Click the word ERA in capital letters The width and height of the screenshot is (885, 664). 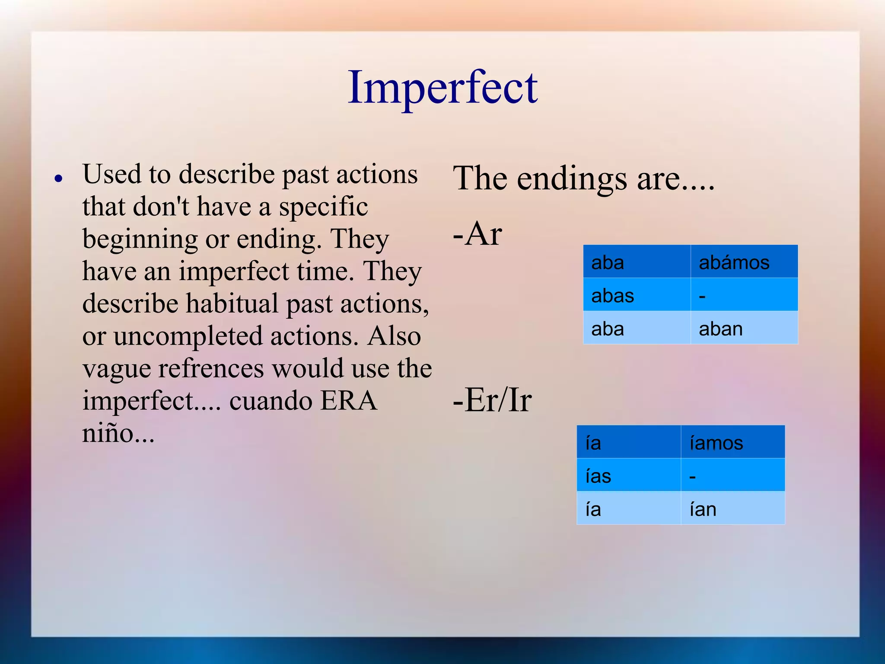[x=349, y=401]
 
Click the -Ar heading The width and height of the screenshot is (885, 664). [x=477, y=234]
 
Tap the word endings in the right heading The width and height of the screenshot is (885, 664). [x=572, y=179]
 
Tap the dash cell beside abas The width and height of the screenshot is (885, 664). [x=743, y=296]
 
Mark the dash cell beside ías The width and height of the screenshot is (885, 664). [x=732, y=476]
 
